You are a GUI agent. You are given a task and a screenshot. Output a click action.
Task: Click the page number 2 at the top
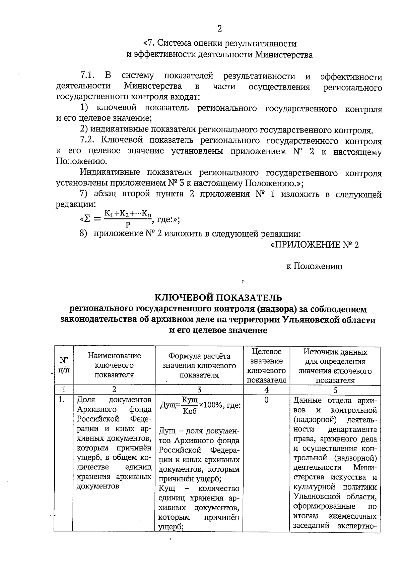[219, 29]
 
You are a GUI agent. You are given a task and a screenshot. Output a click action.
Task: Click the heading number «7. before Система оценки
[149, 44]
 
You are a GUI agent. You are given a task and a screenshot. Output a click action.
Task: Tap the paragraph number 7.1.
[88, 76]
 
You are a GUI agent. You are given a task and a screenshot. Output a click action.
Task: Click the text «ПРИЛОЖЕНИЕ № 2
[314, 245]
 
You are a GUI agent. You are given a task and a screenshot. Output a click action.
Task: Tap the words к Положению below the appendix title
[314, 266]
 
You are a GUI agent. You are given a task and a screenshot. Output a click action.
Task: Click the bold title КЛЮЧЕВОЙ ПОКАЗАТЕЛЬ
[218, 298]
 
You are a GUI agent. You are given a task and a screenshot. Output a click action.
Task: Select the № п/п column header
[64, 365]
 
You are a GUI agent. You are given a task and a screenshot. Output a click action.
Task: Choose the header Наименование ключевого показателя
[114, 365]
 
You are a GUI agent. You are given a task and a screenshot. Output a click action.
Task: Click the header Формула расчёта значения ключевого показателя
[199, 365]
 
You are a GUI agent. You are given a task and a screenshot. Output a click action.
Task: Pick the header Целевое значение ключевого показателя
[266, 366]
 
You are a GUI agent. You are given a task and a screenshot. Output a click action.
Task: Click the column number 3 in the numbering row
[199, 390]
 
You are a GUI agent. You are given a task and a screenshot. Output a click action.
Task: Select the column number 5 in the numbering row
[335, 390]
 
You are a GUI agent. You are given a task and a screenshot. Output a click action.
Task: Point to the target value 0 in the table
[266, 400]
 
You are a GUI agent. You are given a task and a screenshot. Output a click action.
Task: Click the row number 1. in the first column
[61, 400]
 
